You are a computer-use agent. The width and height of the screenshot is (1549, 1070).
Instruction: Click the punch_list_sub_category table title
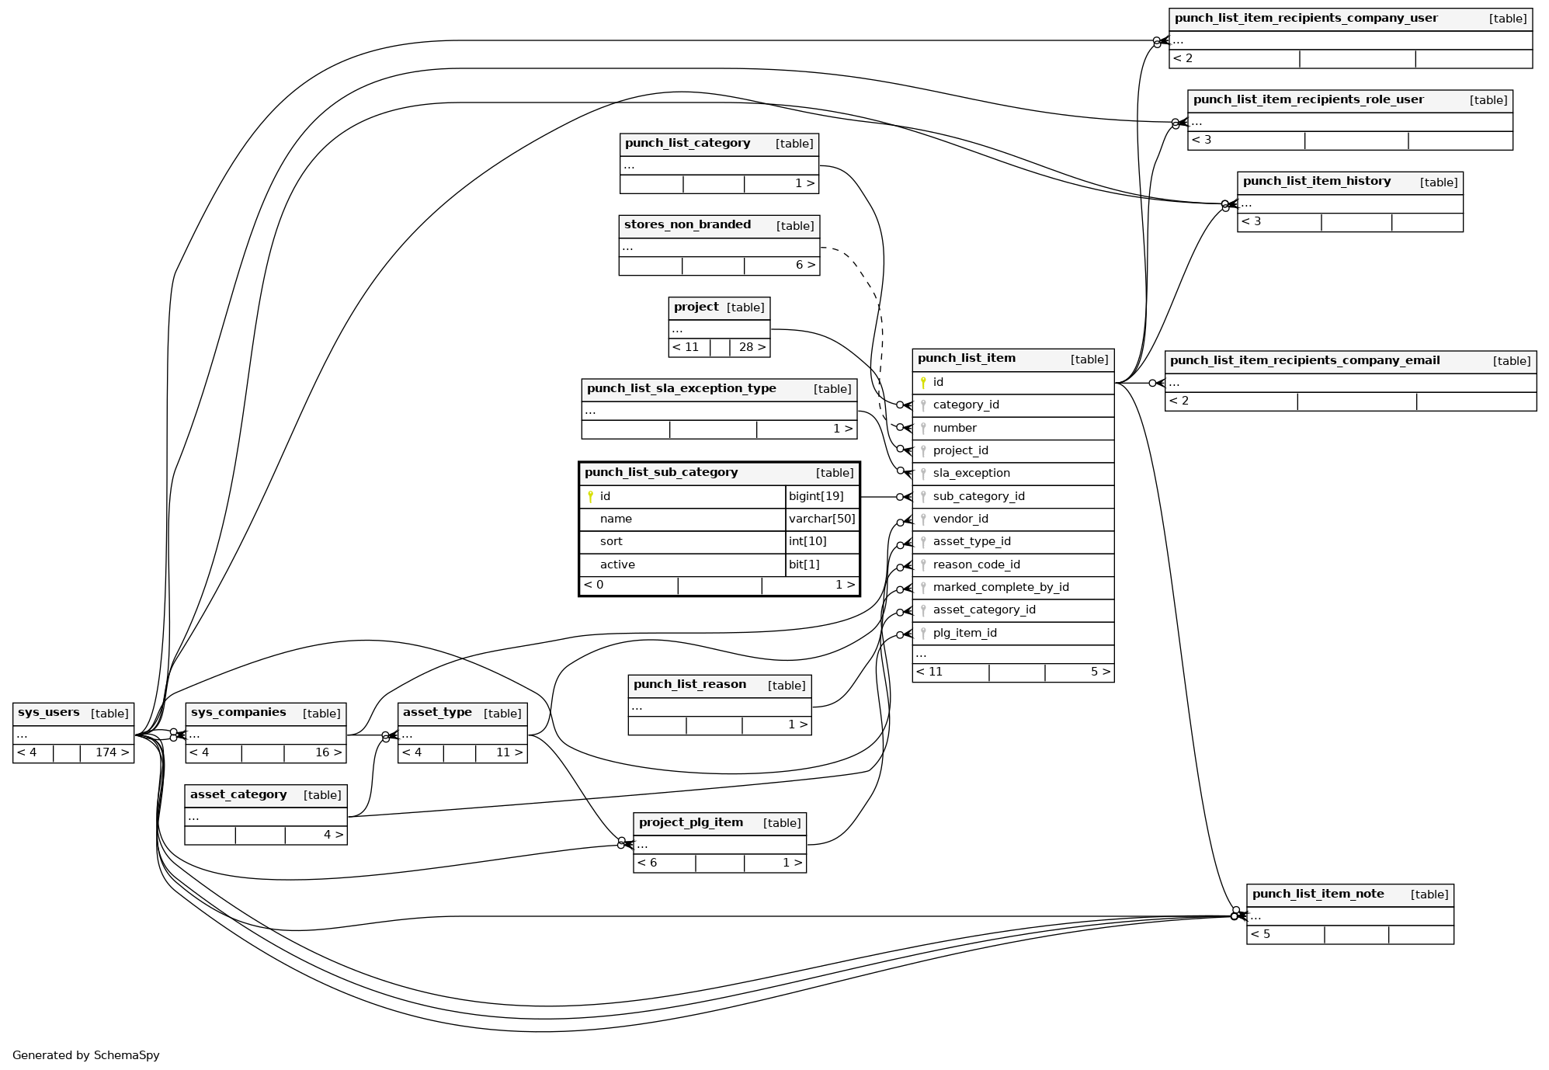pyautogui.click(x=661, y=473)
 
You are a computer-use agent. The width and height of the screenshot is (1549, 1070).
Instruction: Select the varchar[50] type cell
pyautogui.click(x=821, y=519)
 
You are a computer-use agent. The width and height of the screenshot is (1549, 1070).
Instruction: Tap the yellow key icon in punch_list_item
pyautogui.click(x=923, y=383)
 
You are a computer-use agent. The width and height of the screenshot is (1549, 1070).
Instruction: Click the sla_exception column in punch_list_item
pyautogui.click(x=971, y=473)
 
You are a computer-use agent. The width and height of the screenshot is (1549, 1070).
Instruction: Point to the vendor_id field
pyautogui.click(x=960, y=519)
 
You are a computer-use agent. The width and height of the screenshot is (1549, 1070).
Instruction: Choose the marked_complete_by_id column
pyautogui.click(x=1000, y=587)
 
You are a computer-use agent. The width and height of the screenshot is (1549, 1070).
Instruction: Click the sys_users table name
pyautogui.click(x=48, y=713)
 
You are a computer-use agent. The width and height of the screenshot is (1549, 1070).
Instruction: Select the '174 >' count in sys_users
pyautogui.click(x=112, y=752)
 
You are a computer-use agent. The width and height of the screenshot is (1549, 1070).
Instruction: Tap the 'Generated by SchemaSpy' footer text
pyautogui.click(x=85, y=1055)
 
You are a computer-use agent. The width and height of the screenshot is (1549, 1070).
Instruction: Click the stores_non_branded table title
pyautogui.click(x=687, y=225)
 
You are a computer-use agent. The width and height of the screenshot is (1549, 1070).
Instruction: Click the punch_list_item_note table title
pyautogui.click(x=1318, y=894)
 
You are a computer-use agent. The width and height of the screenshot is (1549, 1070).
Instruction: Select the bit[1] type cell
pyautogui.click(x=804, y=565)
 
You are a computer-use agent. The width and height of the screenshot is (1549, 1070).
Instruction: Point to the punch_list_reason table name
pyautogui.click(x=689, y=684)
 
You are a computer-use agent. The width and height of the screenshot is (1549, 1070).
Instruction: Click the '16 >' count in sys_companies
pyautogui.click(x=328, y=752)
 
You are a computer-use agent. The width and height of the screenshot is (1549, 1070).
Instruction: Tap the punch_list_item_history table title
pyautogui.click(x=1316, y=182)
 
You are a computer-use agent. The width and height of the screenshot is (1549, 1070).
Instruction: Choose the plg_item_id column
pyautogui.click(x=964, y=633)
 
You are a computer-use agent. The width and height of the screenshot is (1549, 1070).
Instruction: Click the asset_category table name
pyautogui.click(x=238, y=794)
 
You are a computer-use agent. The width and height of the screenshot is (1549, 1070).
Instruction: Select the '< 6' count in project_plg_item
pyautogui.click(x=647, y=863)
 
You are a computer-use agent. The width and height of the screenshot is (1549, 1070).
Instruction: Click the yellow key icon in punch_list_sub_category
pyautogui.click(x=590, y=497)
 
